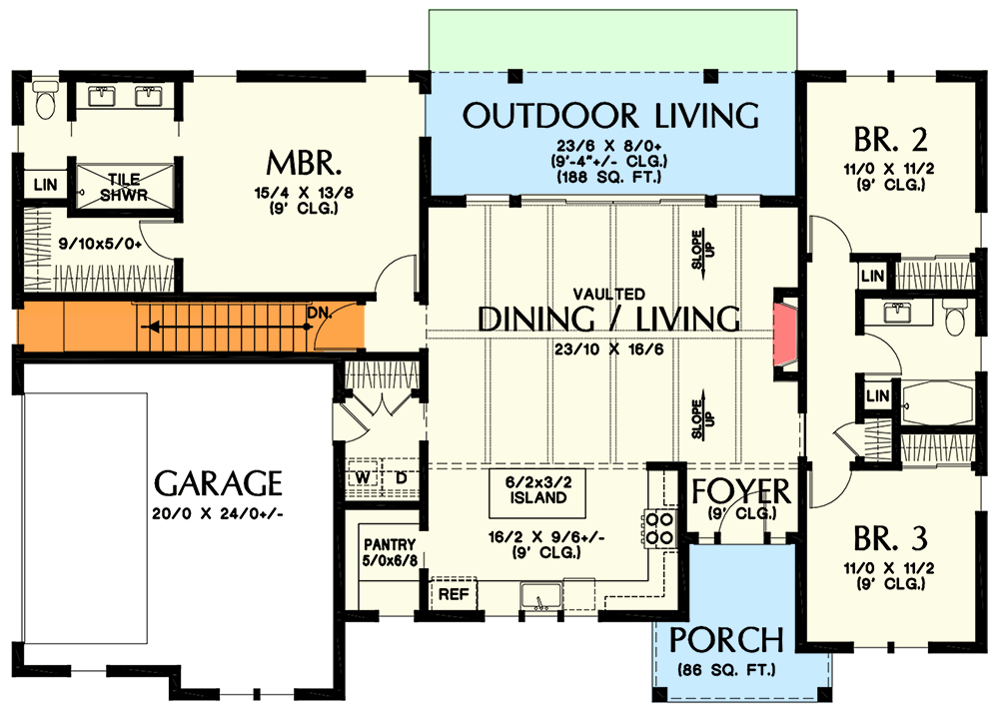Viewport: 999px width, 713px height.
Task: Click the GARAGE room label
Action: click(219, 484)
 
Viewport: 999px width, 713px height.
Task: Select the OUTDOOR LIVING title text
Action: click(610, 115)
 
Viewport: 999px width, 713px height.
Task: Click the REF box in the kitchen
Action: click(456, 593)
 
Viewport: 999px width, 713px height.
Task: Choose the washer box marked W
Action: click(363, 477)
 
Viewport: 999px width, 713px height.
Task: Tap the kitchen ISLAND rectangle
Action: click(535, 490)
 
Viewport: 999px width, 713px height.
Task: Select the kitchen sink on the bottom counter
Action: click(540, 597)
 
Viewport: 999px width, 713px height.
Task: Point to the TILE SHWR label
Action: click(124, 187)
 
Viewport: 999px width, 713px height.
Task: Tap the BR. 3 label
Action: click(891, 540)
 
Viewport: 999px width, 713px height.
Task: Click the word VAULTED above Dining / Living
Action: click(609, 294)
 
